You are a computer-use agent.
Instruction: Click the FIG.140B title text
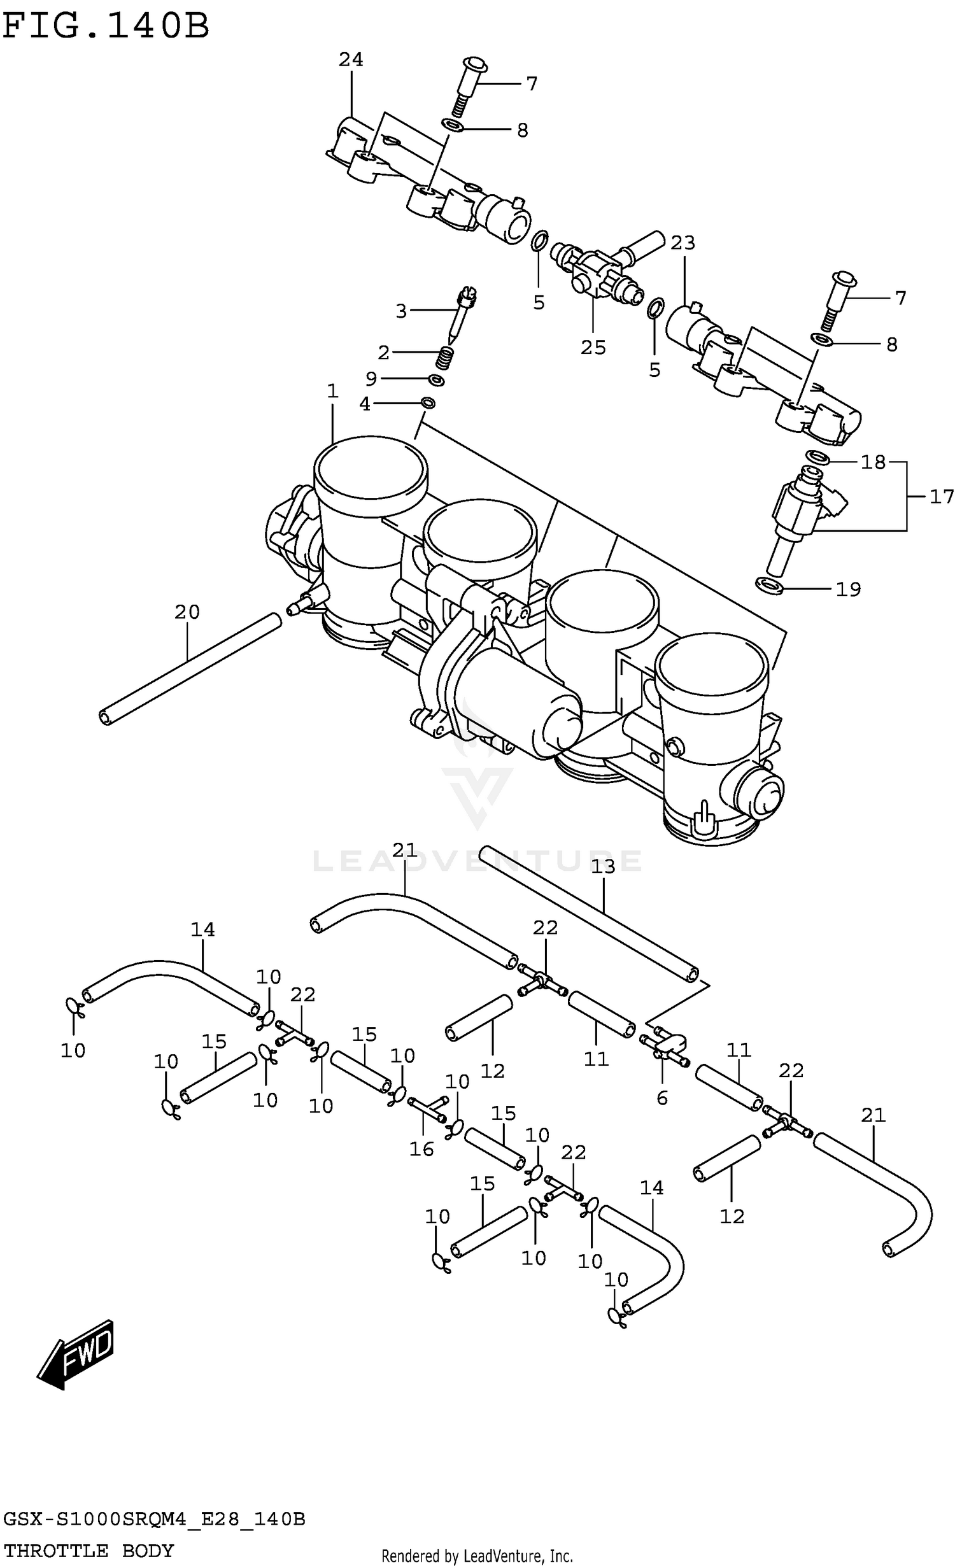[105, 27]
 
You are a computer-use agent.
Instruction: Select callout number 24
[350, 60]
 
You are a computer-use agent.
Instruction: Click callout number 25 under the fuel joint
[593, 348]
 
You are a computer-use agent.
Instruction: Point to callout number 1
[332, 392]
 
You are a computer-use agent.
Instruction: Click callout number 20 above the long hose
[187, 612]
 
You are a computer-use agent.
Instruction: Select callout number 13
[603, 866]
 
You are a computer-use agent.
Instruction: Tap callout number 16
[421, 1149]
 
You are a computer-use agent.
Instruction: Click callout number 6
[662, 1098]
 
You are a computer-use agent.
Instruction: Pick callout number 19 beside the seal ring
[848, 590]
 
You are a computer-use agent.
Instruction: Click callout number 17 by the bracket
[941, 497]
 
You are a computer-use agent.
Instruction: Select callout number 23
[683, 243]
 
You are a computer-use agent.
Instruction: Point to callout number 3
[400, 311]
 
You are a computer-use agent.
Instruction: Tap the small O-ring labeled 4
[428, 403]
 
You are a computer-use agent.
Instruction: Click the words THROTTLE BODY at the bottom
[88, 1551]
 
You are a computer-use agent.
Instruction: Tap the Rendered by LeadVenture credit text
[477, 1557]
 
